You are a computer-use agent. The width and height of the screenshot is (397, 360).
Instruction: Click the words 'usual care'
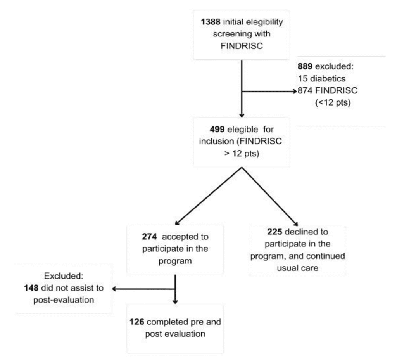(297, 268)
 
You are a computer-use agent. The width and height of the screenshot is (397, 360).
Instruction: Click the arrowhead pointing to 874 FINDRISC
(294, 92)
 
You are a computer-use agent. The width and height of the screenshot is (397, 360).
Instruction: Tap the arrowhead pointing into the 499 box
(242, 114)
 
